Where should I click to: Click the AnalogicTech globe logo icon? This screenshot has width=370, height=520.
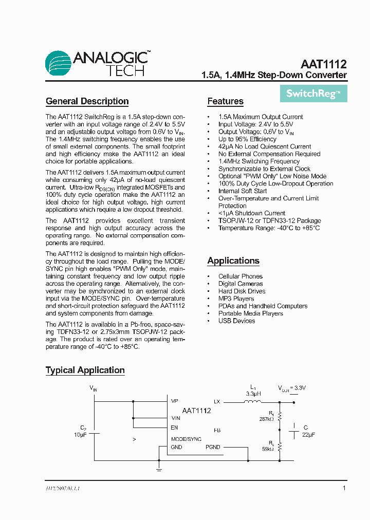point(58,63)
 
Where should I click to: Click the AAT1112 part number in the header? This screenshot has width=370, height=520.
point(324,64)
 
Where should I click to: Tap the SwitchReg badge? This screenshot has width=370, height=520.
point(313,94)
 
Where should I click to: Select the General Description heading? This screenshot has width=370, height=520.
point(87,101)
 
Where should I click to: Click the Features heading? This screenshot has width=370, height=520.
point(225,101)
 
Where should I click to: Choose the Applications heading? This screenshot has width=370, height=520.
point(233,261)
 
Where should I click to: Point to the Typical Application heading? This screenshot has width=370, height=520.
point(85,370)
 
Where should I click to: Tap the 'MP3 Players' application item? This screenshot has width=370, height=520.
point(236,299)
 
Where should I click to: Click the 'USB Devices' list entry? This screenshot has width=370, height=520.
point(236,321)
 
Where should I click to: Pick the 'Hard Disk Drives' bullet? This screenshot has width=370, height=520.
point(242,291)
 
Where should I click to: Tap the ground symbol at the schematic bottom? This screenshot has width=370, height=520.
point(159,469)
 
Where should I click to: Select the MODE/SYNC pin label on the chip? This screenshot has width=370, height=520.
point(186,439)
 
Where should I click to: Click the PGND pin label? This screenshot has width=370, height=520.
point(212,447)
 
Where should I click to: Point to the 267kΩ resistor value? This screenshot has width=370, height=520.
point(267,419)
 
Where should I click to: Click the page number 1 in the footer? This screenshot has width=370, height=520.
point(344,488)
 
